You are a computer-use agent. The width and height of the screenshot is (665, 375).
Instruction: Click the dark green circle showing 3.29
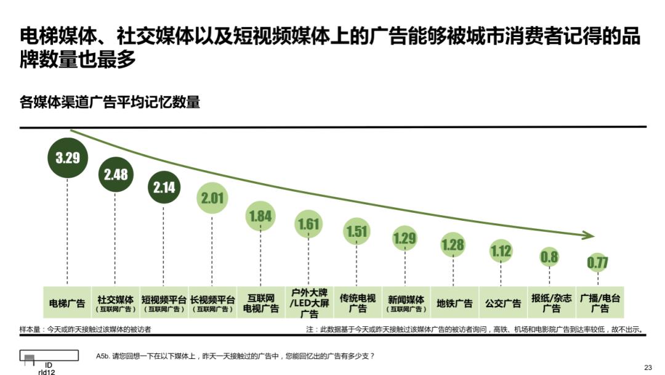pyautogui.click(x=68, y=157)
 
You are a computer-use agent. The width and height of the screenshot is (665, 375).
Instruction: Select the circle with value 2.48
pyautogui.click(x=116, y=175)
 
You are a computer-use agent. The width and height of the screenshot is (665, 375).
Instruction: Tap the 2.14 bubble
pyautogui.click(x=164, y=187)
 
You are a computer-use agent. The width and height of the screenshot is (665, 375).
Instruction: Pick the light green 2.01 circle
pyautogui.click(x=212, y=198)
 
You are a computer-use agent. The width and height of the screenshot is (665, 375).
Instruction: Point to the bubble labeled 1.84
pyautogui.click(x=260, y=216)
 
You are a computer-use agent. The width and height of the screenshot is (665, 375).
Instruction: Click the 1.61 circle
pyautogui.click(x=308, y=225)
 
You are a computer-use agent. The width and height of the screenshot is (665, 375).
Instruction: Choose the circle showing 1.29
pyautogui.click(x=405, y=237)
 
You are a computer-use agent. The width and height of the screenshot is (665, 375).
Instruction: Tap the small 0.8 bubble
pyautogui.click(x=549, y=257)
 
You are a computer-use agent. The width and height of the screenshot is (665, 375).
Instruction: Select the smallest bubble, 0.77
pyautogui.click(x=597, y=263)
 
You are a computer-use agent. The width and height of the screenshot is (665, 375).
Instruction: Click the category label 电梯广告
pyautogui.click(x=67, y=303)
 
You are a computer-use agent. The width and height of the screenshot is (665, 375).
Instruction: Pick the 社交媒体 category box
pyautogui.click(x=115, y=303)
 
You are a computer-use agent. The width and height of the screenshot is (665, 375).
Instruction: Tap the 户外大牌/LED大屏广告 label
pyautogui.click(x=308, y=303)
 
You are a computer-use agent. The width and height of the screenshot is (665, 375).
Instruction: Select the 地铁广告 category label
pyautogui.click(x=454, y=303)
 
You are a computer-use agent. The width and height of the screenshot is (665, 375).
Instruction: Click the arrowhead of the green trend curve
pyautogui.click(x=589, y=236)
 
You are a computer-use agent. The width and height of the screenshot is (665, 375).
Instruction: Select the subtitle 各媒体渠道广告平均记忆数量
pyautogui.click(x=110, y=102)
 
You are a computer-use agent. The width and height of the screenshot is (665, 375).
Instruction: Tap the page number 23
pyautogui.click(x=648, y=368)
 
